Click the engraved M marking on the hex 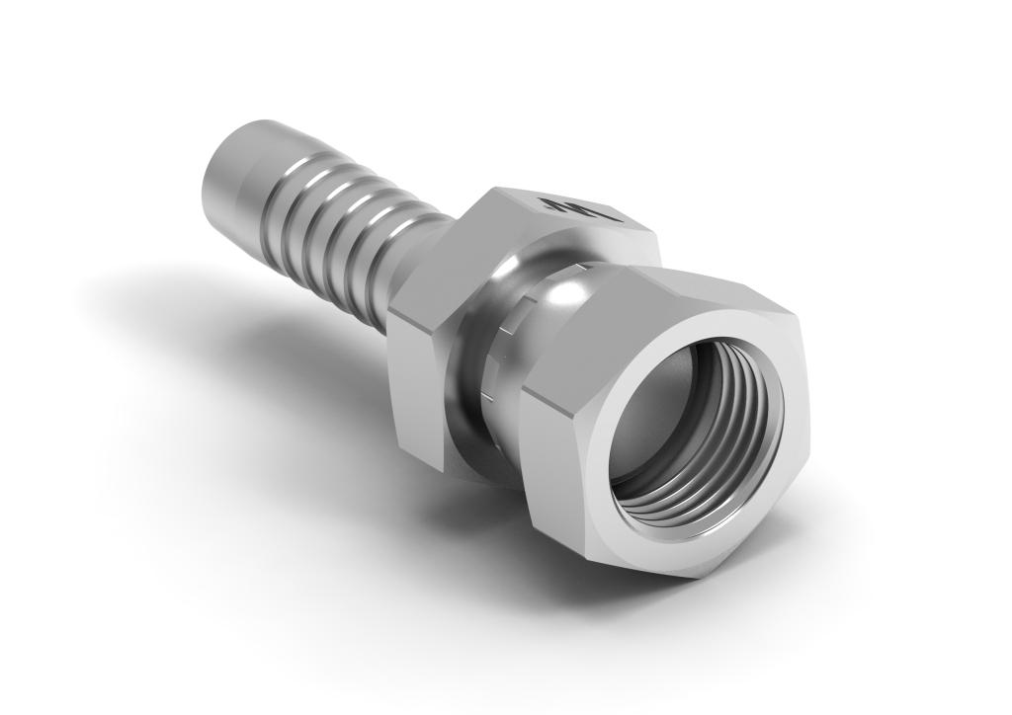580,208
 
